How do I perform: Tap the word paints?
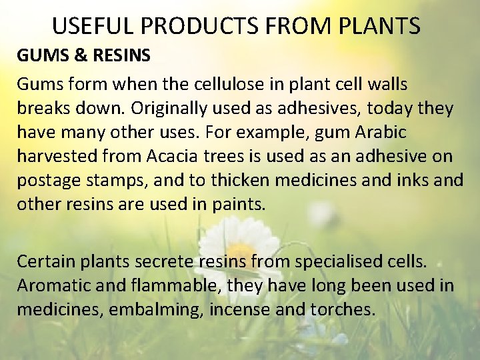[x=239, y=205]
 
